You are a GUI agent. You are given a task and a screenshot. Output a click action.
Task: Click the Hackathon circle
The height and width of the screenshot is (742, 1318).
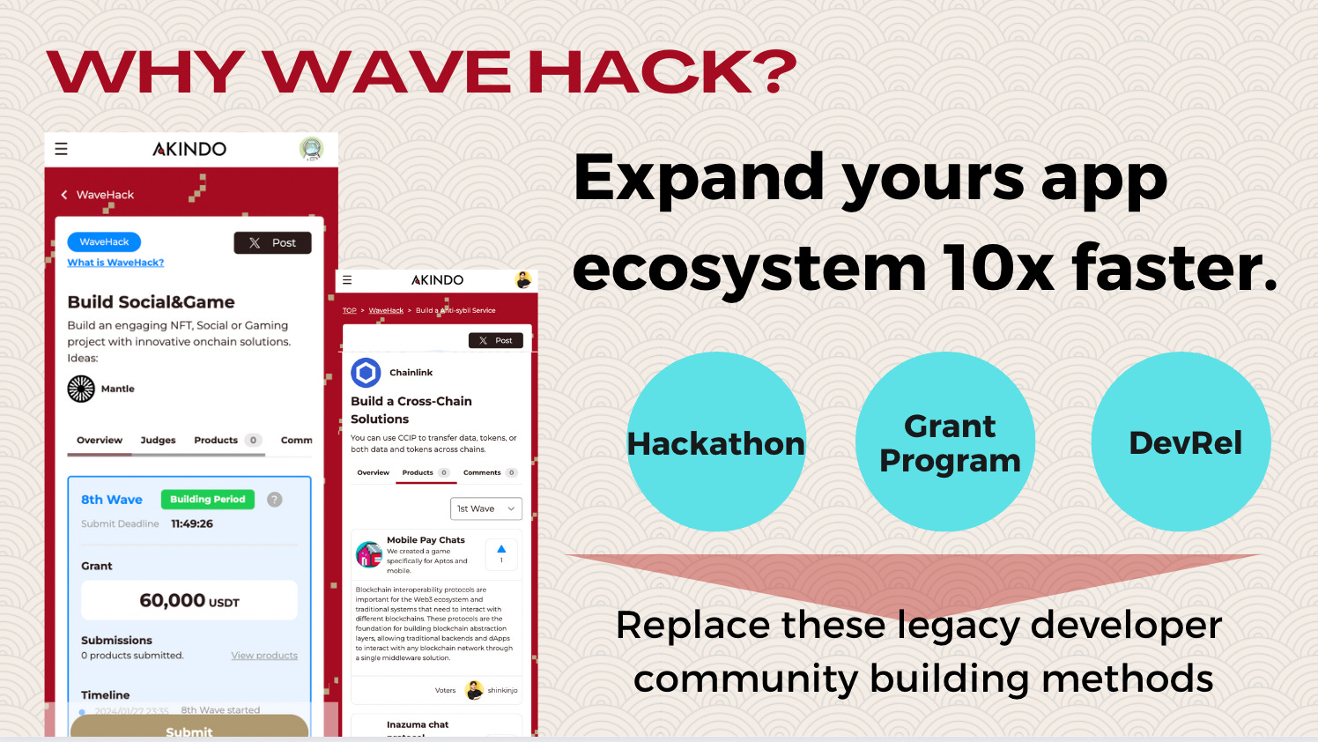pyautogui.click(x=716, y=441)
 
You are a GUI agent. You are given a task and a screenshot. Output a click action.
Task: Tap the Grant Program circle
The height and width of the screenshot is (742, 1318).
pyautogui.click(x=945, y=441)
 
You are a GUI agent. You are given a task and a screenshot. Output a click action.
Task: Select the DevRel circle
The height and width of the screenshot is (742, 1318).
pyautogui.click(x=1181, y=441)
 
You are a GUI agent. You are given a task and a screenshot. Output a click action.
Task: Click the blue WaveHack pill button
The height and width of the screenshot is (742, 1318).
pyautogui.click(x=104, y=242)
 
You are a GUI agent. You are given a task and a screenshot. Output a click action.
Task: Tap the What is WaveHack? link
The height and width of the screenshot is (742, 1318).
pyautogui.click(x=115, y=263)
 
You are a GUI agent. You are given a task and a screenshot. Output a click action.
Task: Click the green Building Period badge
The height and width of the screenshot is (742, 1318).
pyautogui.click(x=208, y=500)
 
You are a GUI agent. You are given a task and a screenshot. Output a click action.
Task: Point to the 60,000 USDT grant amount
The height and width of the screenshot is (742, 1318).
pyautogui.click(x=189, y=601)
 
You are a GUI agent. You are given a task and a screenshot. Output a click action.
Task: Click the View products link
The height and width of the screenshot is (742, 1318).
pyautogui.click(x=264, y=656)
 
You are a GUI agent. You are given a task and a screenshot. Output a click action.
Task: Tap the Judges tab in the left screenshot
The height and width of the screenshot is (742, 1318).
pyautogui.click(x=158, y=440)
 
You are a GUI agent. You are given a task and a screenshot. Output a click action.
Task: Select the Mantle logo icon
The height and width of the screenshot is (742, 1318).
pyautogui.click(x=81, y=389)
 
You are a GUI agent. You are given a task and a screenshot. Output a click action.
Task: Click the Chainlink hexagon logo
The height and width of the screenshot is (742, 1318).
pyautogui.click(x=366, y=373)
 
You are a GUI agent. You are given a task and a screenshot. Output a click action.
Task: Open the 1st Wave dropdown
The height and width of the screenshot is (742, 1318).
pyautogui.click(x=485, y=508)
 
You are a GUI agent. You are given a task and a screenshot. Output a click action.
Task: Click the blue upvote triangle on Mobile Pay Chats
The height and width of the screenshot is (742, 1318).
pyautogui.click(x=501, y=549)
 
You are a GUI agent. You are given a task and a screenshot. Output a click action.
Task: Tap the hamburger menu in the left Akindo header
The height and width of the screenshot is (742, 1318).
pyautogui.click(x=61, y=149)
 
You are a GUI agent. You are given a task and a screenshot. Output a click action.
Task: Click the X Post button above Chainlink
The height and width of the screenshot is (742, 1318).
pyautogui.click(x=495, y=340)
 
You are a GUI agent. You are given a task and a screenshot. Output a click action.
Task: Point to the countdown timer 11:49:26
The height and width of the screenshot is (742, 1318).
pyautogui.click(x=192, y=523)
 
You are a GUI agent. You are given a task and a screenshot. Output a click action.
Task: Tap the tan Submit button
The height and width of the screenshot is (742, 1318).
pyautogui.click(x=189, y=728)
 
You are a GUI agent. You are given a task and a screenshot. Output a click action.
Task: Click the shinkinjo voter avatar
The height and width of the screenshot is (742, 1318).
pyautogui.click(x=474, y=690)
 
